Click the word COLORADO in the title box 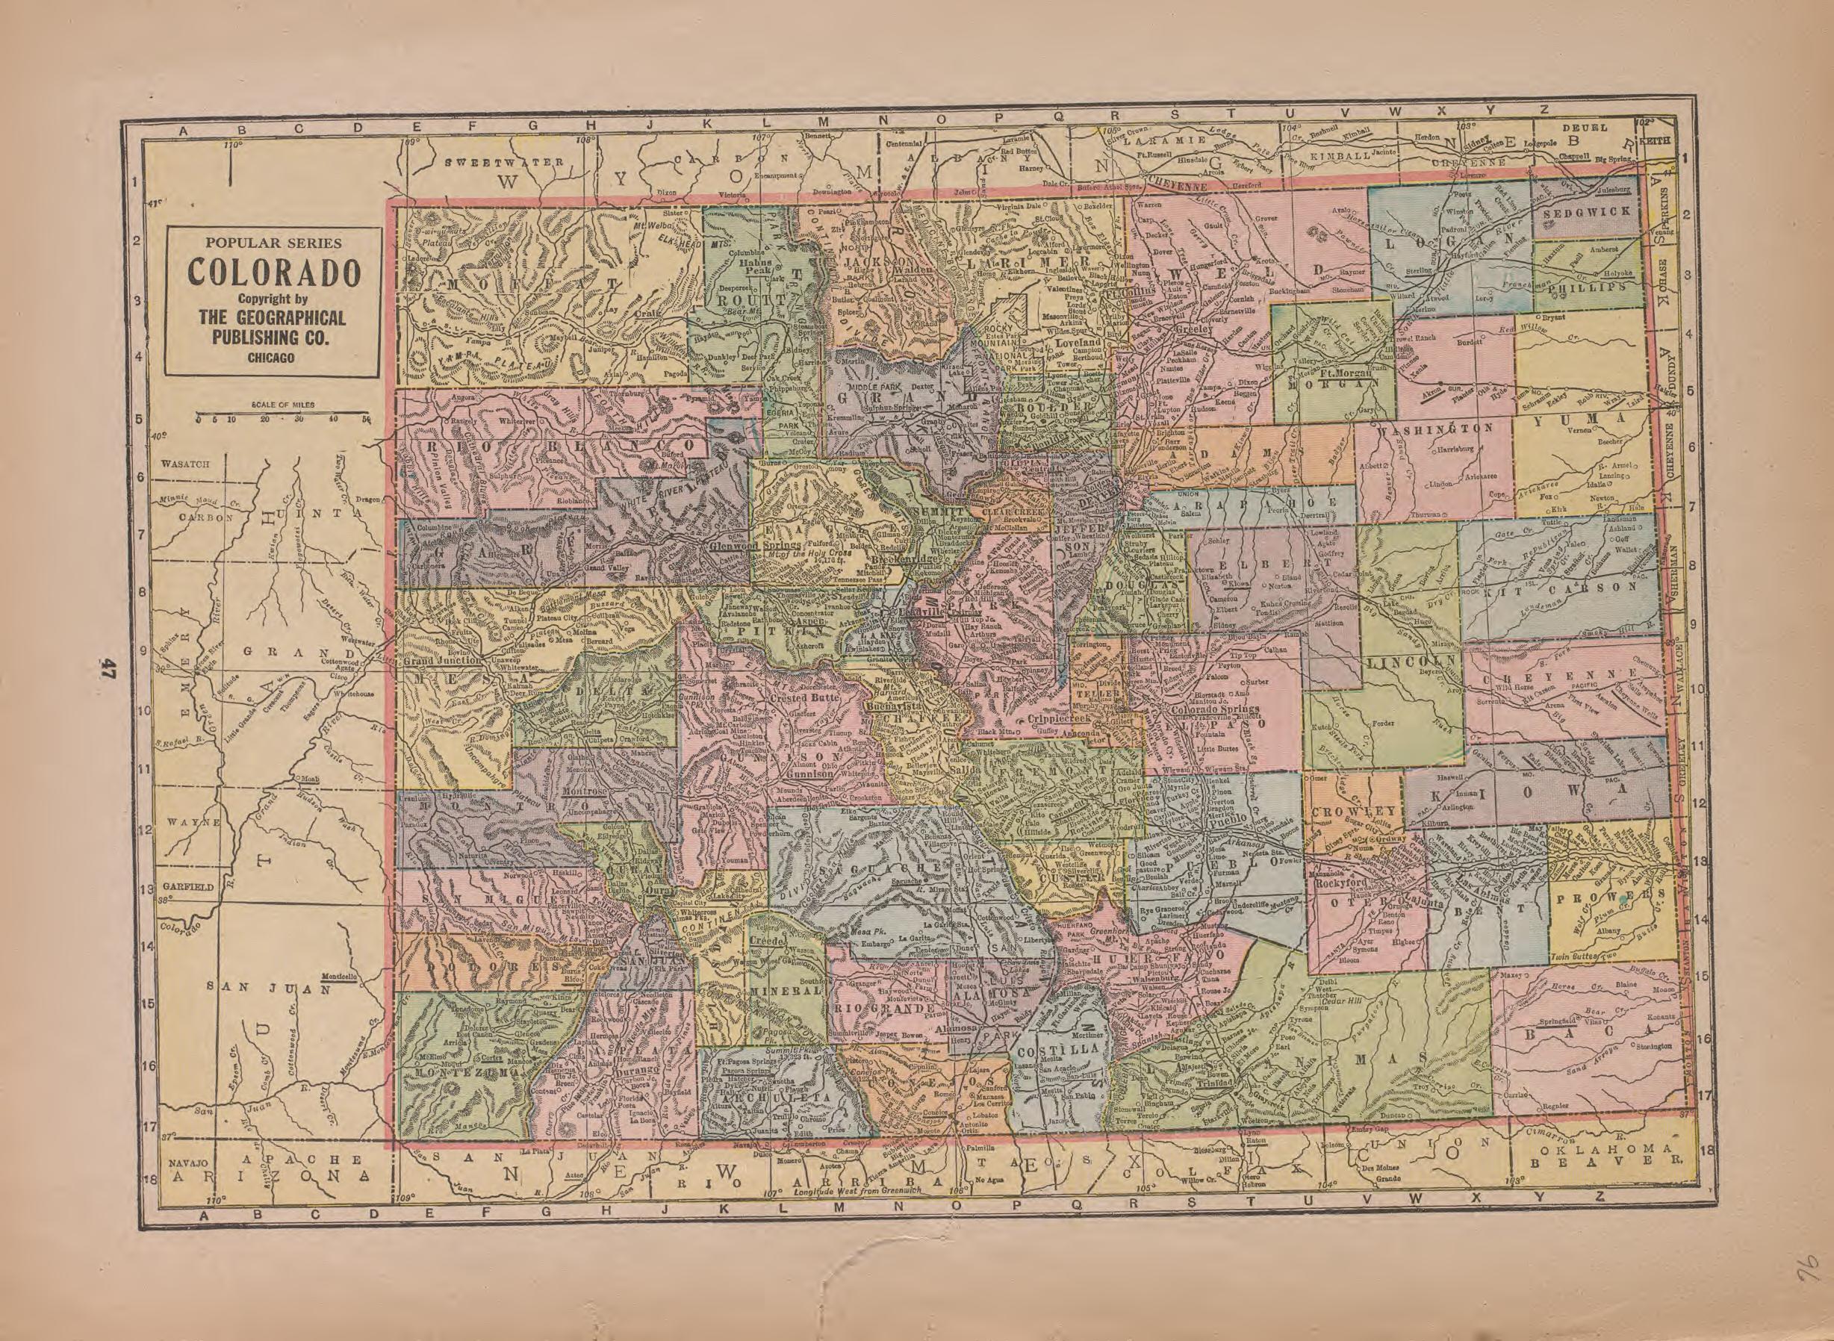pos(273,273)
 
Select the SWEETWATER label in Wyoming pos(504,162)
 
